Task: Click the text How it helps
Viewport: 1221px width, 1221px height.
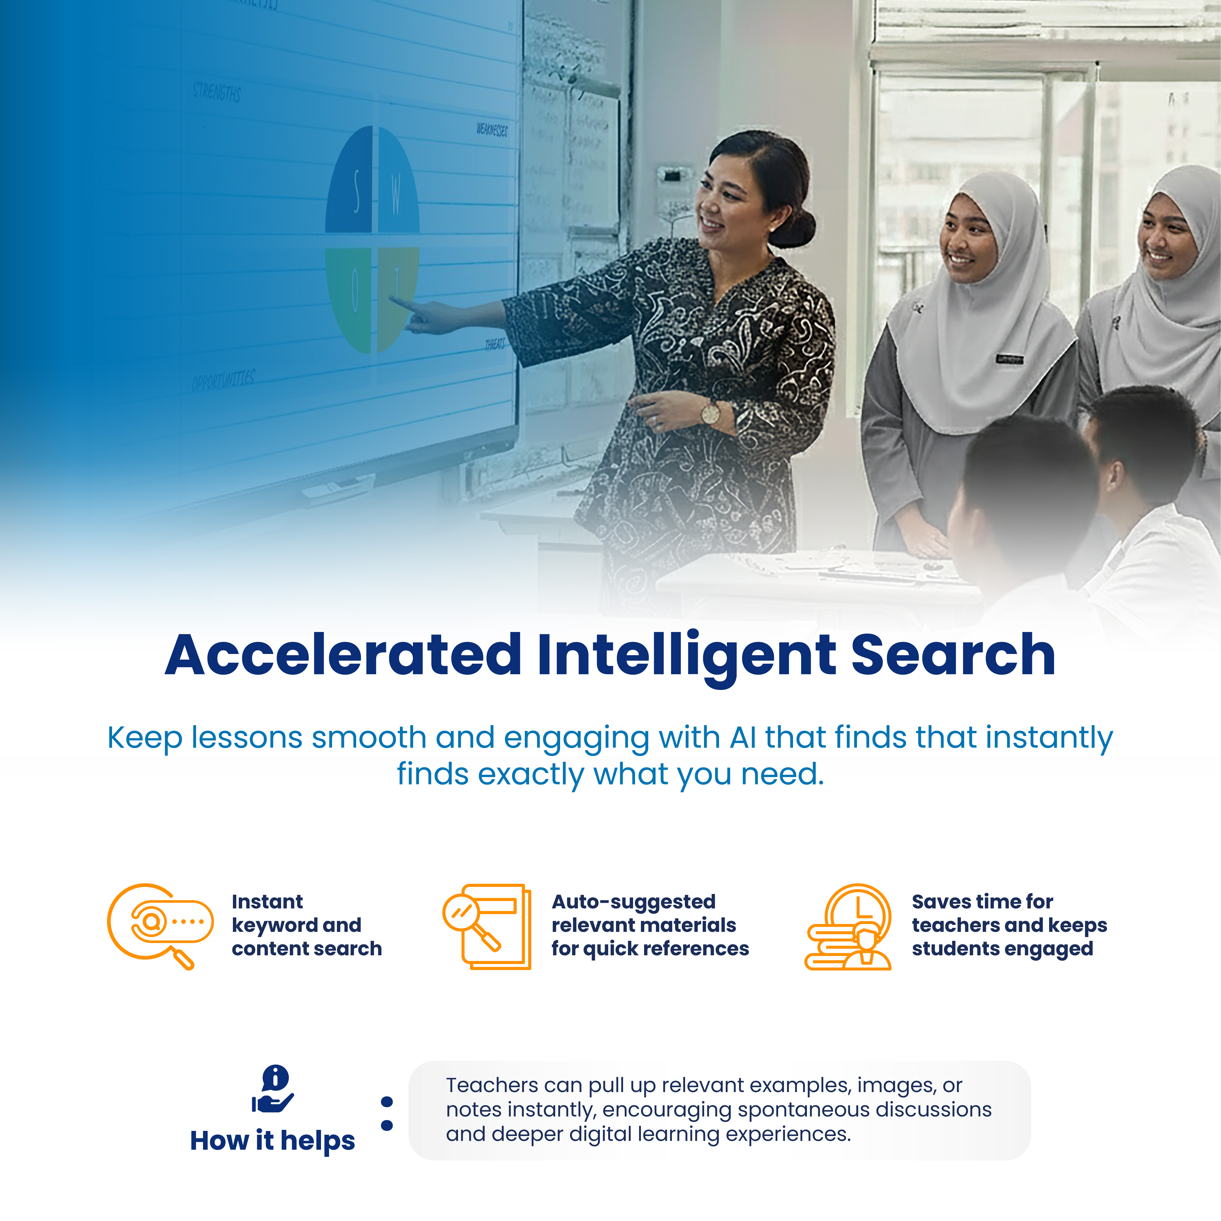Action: (x=272, y=1141)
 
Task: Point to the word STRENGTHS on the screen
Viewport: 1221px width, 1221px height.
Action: (x=217, y=92)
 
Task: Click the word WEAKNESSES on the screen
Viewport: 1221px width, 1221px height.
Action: (x=492, y=130)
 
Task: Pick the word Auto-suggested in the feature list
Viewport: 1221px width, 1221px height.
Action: (x=633, y=902)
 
